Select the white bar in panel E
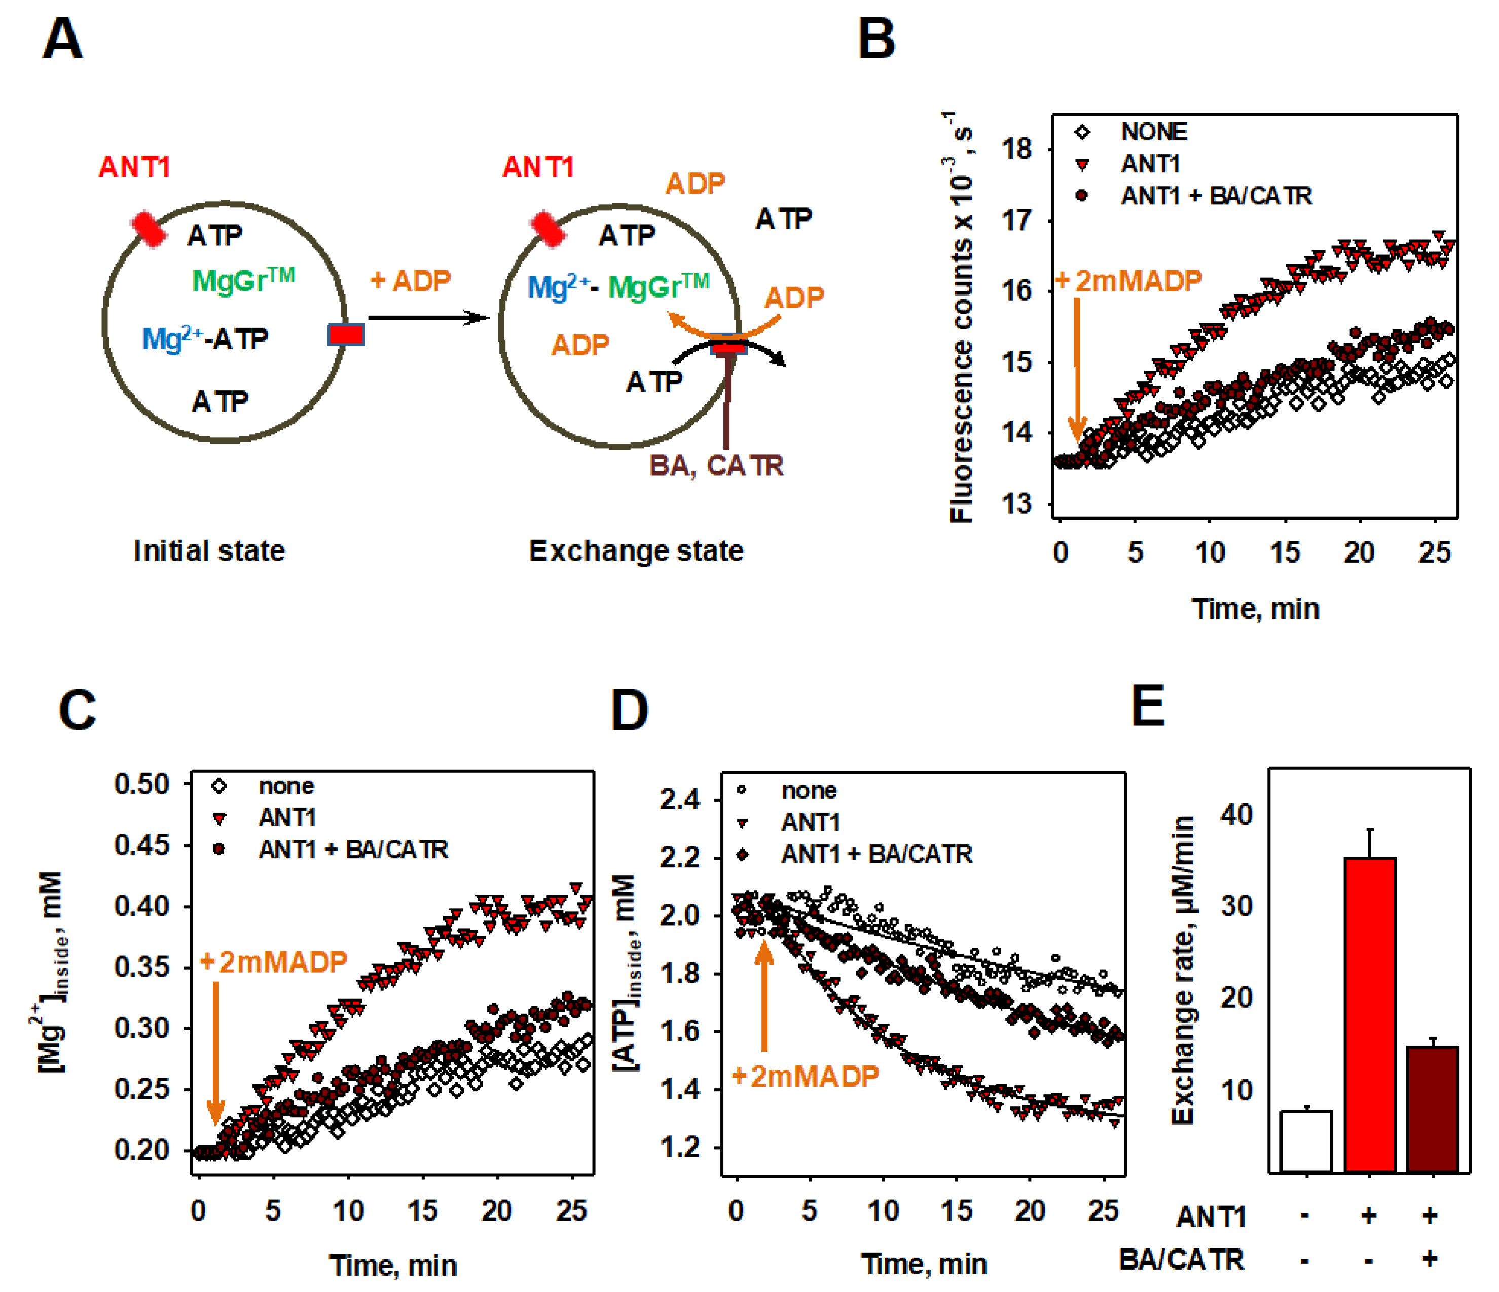[x=1306, y=1141]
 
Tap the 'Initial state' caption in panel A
[x=209, y=551]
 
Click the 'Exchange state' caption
[x=636, y=551]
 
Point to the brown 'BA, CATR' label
[x=716, y=465]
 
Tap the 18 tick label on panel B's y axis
[x=1016, y=150]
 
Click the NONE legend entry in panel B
[x=1153, y=132]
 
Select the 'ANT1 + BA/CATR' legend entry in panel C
[x=353, y=850]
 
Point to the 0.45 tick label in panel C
[x=142, y=845]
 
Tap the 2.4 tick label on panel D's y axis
[x=679, y=800]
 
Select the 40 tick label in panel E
[x=1236, y=815]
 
